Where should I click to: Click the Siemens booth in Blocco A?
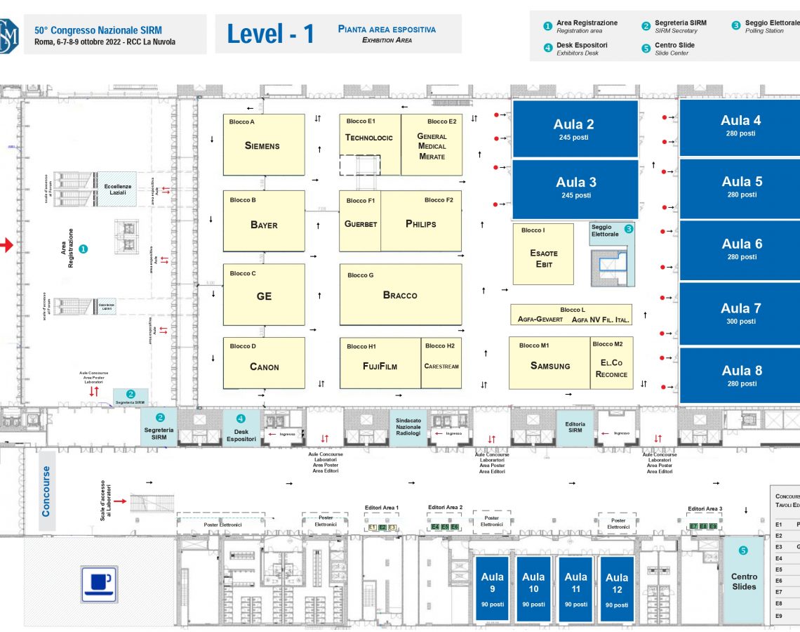click(x=263, y=145)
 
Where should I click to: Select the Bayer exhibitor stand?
click(x=263, y=221)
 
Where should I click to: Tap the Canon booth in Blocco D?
click(x=264, y=363)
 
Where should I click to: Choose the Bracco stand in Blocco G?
click(x=400, y=295)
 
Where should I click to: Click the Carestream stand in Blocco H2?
click(x=441, y=363)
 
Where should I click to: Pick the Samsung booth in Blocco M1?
click(x=549, y=363)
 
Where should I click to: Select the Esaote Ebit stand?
click(x=543, y=254)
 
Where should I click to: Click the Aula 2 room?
click(x=574, y=129)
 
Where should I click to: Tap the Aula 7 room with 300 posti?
click(x=741, y=312)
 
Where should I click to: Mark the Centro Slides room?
click(x=743, y=579)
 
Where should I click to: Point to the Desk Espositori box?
click(x=241, y=428)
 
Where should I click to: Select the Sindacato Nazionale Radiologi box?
click(x=408, y=428)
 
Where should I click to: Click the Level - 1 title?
click(x=271, y=34)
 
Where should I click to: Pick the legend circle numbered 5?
click(x=646, y=48)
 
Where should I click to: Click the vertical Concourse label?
click(x=46, y=492)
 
